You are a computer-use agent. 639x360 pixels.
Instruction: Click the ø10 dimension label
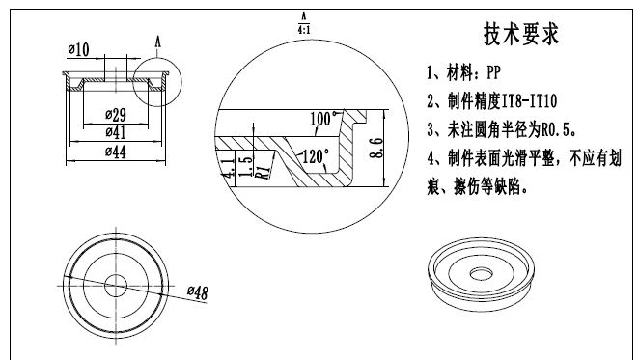pyautogui.click(x=78, y=50)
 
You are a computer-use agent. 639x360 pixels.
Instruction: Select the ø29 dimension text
pyautogui.click(x=116, y=115)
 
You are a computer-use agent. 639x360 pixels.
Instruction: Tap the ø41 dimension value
pyautogui.click(x=116, y=132)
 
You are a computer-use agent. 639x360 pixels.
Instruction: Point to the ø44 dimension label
pyautogui.click(x=116, y=152)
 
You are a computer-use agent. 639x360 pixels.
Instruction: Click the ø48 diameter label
pyautogui.click(x=198, y=292)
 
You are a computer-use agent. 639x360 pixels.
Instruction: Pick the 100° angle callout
pyautogui.click(x=324, y=119)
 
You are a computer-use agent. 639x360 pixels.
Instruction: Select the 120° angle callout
pyautogui.click(x=316, y=156)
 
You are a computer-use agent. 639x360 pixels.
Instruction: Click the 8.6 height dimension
pyautogui.click(x=376, y=148)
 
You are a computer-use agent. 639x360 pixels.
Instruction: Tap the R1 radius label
pyautogui.click(x=264, y=172)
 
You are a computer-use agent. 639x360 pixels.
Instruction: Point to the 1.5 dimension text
pyautogui.click(x=245, y=166)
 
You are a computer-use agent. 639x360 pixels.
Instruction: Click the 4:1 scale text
pyautogui.click(x=304, y=30)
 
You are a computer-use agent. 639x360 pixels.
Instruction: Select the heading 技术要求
pyautogui.click(x=521, y=34)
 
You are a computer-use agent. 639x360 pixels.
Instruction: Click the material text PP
pyautogui.click(x=493, y=72)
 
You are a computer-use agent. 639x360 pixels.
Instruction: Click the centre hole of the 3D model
pyautogui.click(x=482, y=274)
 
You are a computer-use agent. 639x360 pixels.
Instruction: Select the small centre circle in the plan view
pyautogui.click(x=116, y=286)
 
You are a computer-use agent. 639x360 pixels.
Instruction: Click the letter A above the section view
pyautogui.click(x=157, y=42)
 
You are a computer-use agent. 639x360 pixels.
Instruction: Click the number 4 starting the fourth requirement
pyautogui.click(x=431, y=158)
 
